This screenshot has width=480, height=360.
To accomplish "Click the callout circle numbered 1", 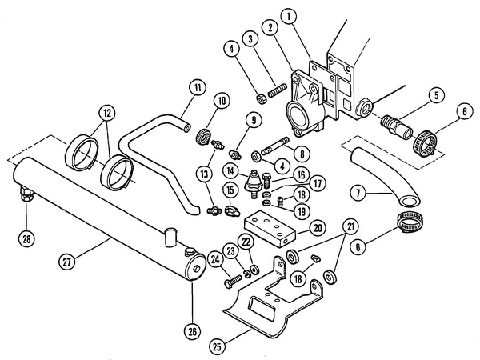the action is coord(288,17).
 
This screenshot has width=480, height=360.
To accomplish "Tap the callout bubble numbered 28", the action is coord(26,238).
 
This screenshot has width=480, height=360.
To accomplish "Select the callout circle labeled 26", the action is coord(192,331).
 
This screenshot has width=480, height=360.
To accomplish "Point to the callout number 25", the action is coord(217,346).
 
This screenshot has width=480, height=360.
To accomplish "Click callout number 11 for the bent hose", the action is coord(198,87).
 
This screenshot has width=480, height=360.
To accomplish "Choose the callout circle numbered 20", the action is coord(318,228).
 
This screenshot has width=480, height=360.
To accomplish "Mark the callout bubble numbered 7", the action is coord(358,193).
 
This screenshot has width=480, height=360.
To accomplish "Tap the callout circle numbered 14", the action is coord(230,171).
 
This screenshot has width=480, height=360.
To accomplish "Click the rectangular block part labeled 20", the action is coord(270,229).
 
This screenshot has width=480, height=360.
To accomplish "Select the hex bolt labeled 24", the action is coord(234,282).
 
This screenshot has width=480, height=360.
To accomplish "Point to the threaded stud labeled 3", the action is coord(277,90).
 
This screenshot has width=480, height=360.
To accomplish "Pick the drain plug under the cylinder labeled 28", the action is coord(26,194).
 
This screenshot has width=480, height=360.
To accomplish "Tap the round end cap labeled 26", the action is coord(196,267).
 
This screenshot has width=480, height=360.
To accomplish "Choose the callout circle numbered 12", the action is coord(107,114).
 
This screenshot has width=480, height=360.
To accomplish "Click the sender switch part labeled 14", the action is coord(253,184).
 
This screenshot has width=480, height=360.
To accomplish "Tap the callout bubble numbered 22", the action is coord(246,242).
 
